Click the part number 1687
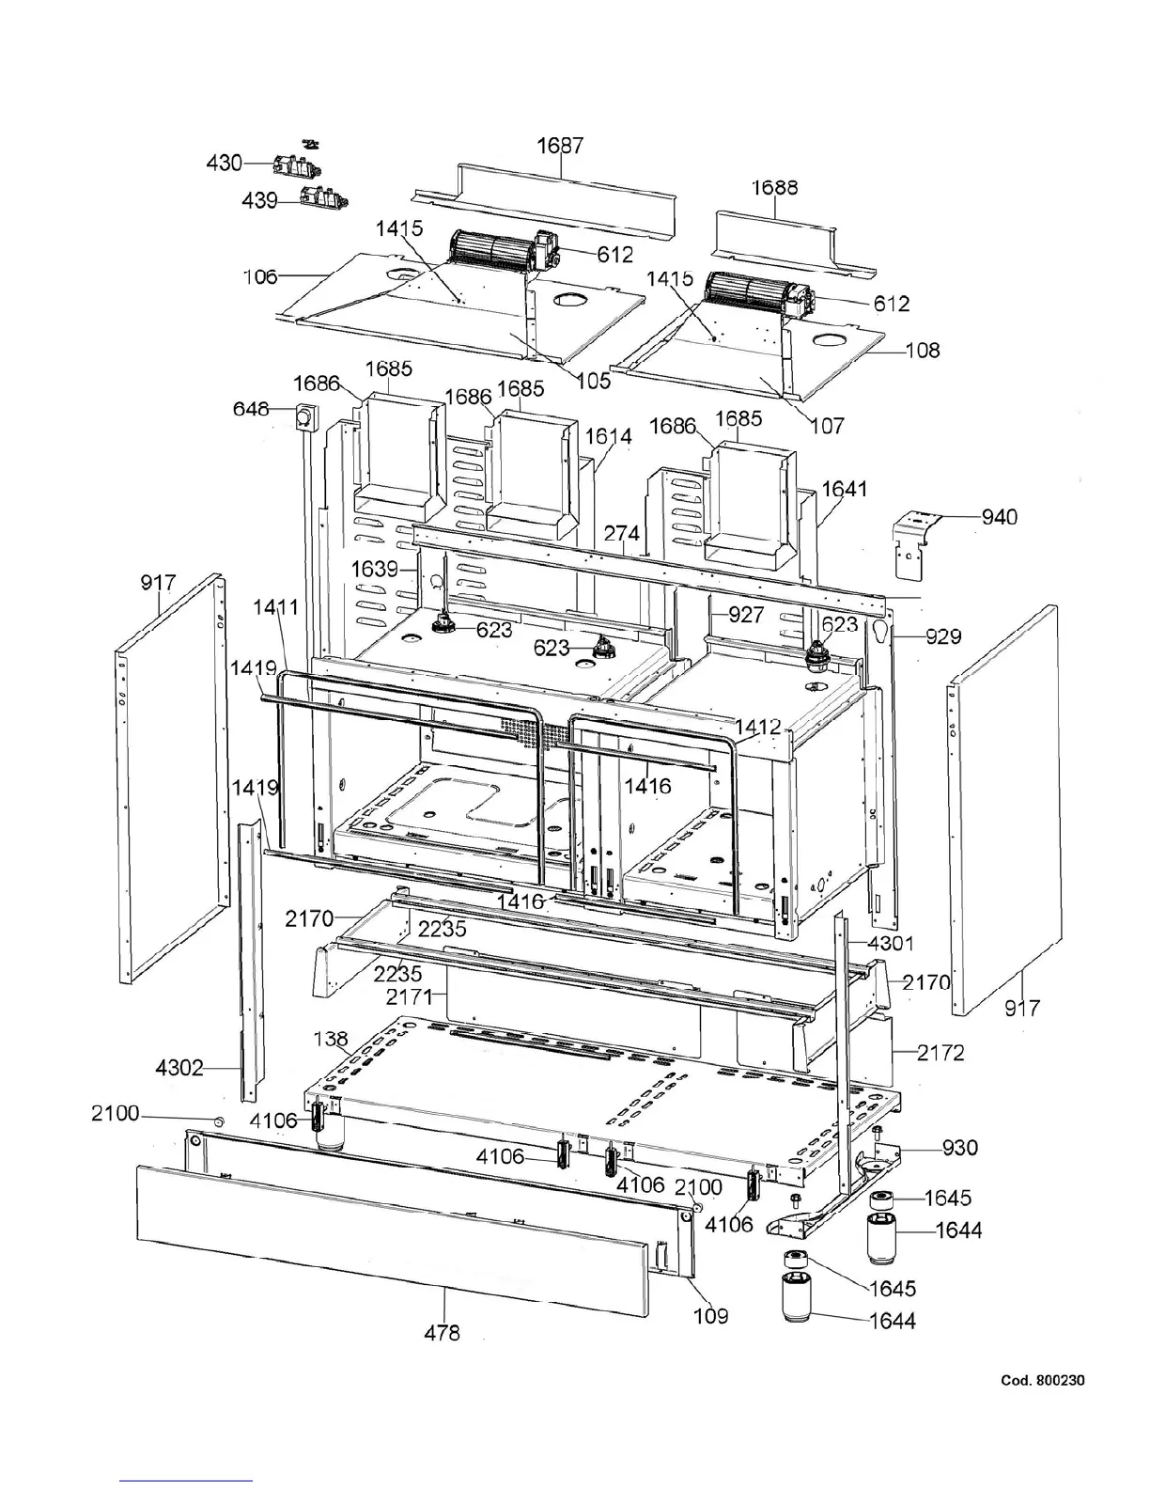(x=560, y=146)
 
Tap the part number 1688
(x=774, y=187)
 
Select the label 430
(x=225, y=163)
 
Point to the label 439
(x=258, y=200)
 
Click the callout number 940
(x=1000, y=516)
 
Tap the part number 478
(x=442, y=1331)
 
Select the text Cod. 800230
(x=1043, y=1380)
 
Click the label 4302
(x=179, y=1068)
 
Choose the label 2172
(x=940, y=1053)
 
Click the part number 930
(x=959, y=1147)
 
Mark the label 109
(x=710, y=1315)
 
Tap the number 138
(x=331, y=1039)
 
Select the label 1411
(x=276, y=607)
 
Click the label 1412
(x=758, y=727)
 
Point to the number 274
(x=621, y=533)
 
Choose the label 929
(x=942, y=636)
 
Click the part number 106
(x=259, y=275)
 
